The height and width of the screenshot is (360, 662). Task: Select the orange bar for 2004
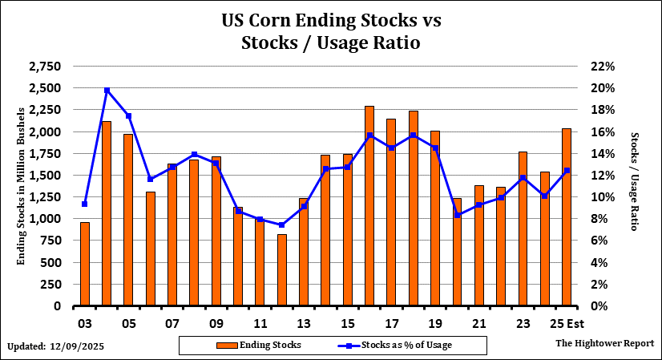pos(107,213)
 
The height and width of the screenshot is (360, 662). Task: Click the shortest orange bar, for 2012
pos(282,269)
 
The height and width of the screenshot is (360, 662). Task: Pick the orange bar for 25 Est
pos(567,217)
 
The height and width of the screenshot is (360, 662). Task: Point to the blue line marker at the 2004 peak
pos(107,90)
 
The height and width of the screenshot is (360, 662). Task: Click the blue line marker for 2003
pos(85,204)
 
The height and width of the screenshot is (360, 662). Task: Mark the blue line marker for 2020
pos(457,215)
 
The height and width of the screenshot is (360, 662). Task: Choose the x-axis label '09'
pos(216,326)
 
